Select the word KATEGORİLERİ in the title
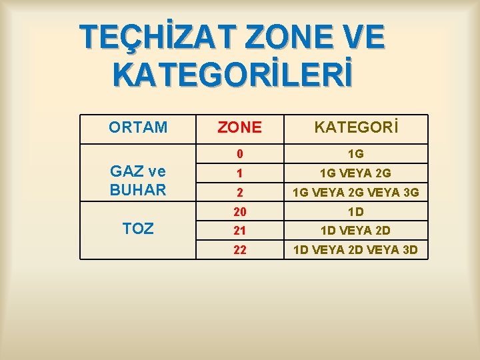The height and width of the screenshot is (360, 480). point(232,75)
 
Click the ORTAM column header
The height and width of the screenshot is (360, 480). point(138,127)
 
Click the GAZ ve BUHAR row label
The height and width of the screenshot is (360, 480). point(138,181)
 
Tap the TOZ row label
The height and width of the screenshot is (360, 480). point(138,229)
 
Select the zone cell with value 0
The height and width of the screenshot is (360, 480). point(239,154)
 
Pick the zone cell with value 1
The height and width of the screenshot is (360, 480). point(239,173)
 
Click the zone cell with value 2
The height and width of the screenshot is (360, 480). point(239,193)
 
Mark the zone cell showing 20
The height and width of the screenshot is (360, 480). point(239,211)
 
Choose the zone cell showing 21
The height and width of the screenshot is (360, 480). point(239,231)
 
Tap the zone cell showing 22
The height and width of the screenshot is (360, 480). point(239,250)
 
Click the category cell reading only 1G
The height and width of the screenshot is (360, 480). point(356,154)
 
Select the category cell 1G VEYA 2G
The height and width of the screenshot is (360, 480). point(356,173)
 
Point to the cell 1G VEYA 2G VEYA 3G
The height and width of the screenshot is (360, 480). point(356,193)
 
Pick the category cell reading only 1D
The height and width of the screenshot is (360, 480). point(356,211)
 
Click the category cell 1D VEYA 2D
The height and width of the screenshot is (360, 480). point(356,231)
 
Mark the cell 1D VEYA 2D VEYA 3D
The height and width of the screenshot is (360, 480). point(356,250)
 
